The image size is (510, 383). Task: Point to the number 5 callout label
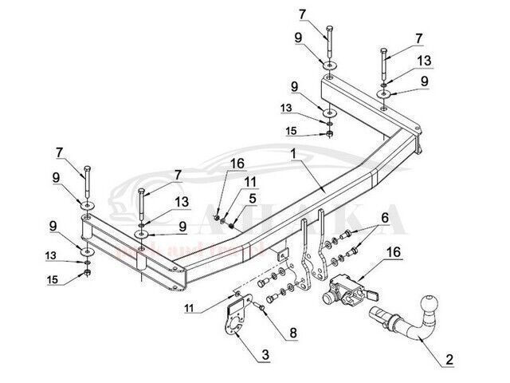[x=253, y=199]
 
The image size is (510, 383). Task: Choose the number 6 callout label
[x=385, y=219]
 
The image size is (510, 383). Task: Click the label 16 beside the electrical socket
[x=392, y=253]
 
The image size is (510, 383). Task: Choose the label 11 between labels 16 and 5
[x=250, y=182]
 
